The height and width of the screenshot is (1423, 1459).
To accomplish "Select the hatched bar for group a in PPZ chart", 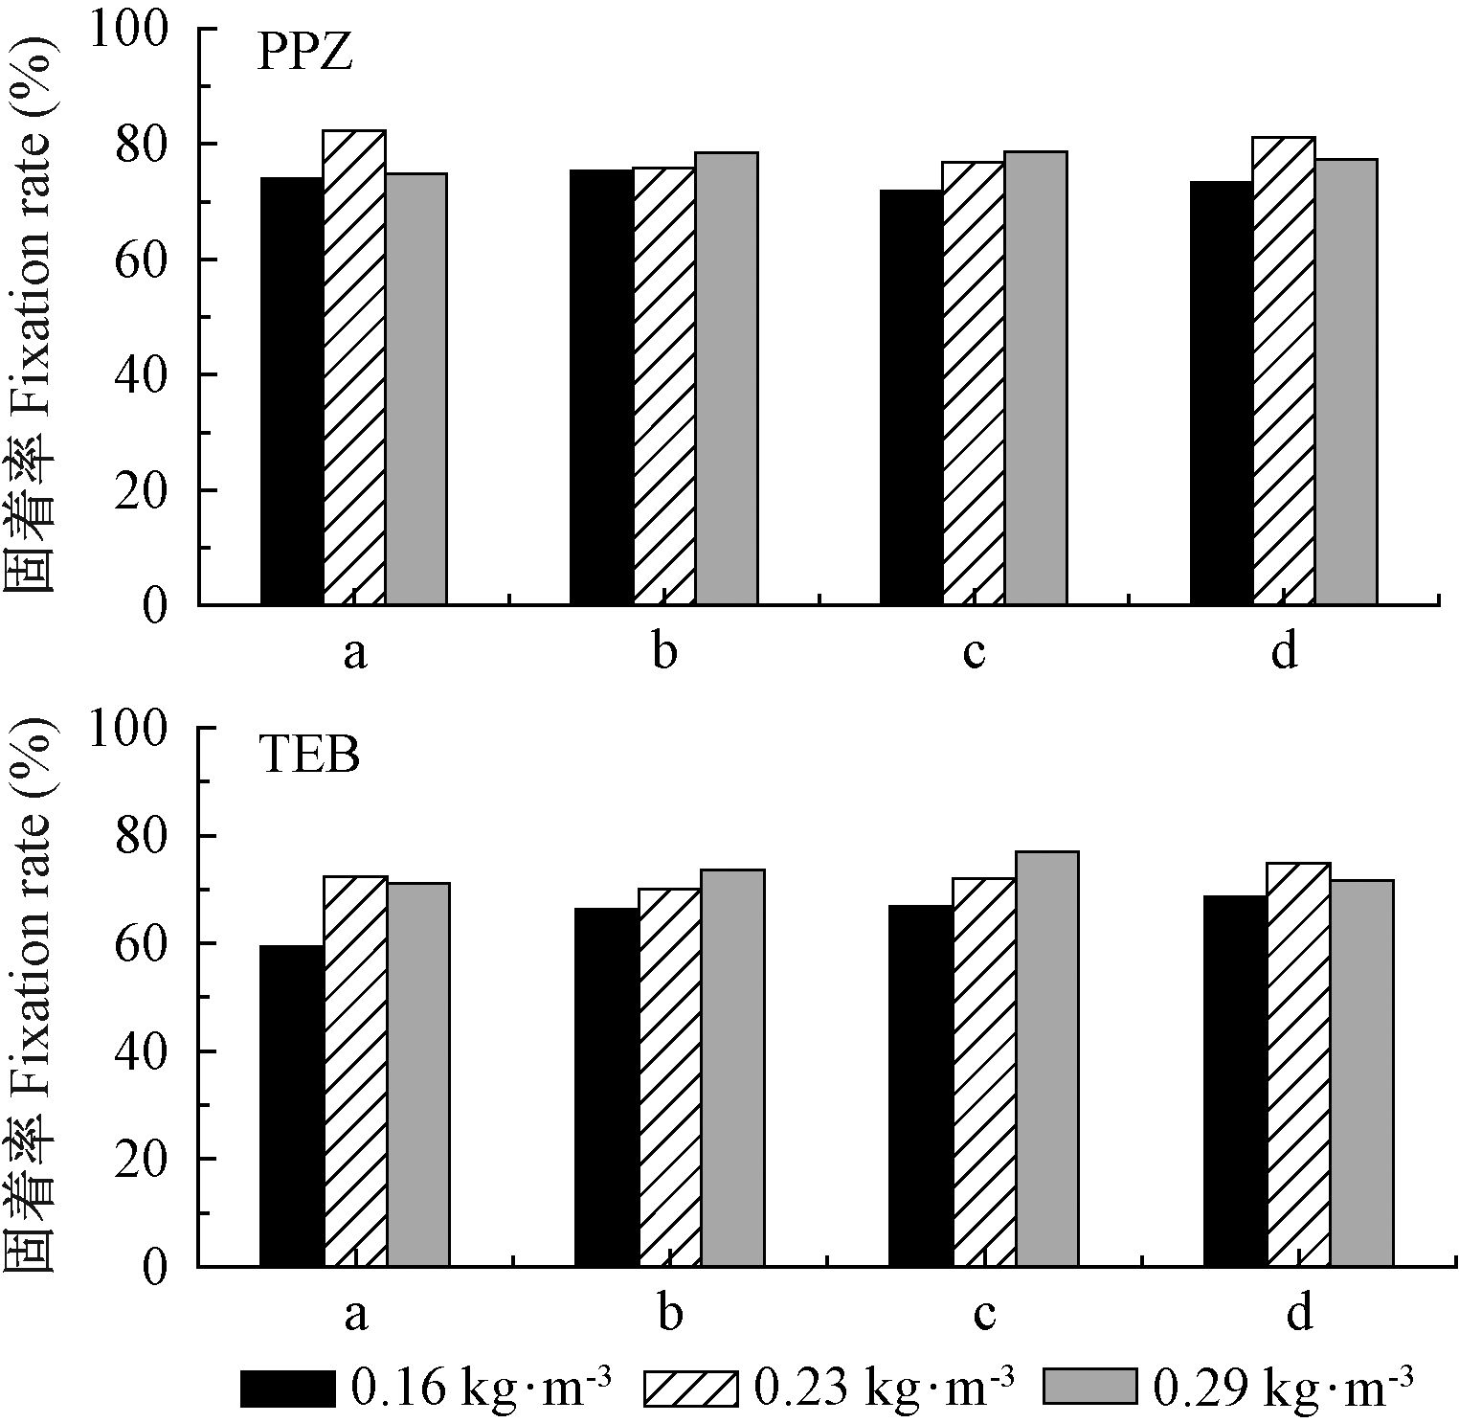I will coord(354,368).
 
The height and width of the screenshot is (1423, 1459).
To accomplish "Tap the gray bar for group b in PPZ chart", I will coord(727,378).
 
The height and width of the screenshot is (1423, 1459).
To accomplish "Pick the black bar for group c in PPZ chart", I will coord(911,397).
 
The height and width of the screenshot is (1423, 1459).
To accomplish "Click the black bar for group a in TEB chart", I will coord(292,1105).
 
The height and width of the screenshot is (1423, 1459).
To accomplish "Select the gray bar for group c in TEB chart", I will coord(1047,1058).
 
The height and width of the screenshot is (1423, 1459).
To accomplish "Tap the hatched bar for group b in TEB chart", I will coord(669,1077).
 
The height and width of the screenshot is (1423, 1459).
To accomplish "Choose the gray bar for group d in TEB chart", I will coord(1361,1073).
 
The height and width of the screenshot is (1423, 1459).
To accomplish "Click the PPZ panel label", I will coord(305,54).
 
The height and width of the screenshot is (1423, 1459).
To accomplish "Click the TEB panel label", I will coord(308,755).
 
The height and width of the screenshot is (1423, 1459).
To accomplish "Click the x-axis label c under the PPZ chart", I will coord(974,653).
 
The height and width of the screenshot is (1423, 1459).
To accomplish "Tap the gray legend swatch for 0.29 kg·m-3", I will coord(1089,1386).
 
